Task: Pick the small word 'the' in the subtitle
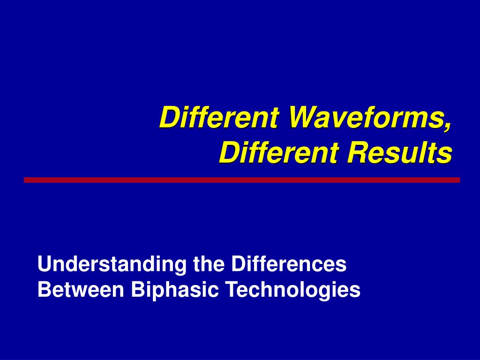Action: click(210, 265)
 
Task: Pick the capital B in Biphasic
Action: click(137, 290)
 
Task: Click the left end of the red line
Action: click(26, 180)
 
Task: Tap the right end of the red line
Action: click(458, 180)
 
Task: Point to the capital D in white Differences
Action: click(237, 265)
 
